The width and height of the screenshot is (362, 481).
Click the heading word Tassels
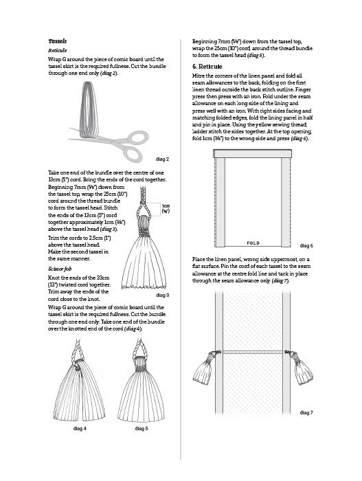(58, 41)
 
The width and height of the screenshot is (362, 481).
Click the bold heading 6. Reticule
(207, 67)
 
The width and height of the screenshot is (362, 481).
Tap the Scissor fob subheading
(60, 269)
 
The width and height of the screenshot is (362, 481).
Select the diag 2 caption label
(162, 159)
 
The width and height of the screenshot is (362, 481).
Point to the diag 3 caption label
(162, 295)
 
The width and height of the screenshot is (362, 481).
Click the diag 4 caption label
(80, 428)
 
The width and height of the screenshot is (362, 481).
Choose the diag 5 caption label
(142, 428)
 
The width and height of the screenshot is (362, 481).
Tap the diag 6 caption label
(306, 246)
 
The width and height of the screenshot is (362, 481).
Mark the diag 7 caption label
(306, 412)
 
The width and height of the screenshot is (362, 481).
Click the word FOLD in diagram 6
(253, 243)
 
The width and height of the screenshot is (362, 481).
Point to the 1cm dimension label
(166, 208)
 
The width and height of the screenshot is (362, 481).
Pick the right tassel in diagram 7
(302, 368)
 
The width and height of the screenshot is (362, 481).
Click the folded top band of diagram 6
(253, 154)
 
